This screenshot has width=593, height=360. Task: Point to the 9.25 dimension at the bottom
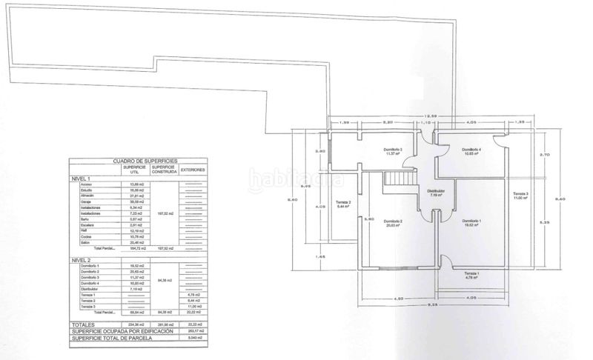(431, 305)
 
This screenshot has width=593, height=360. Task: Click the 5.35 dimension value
(544, 222)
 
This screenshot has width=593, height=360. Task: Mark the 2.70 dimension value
(544, 154)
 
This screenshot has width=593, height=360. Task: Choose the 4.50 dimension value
(398, 298)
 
